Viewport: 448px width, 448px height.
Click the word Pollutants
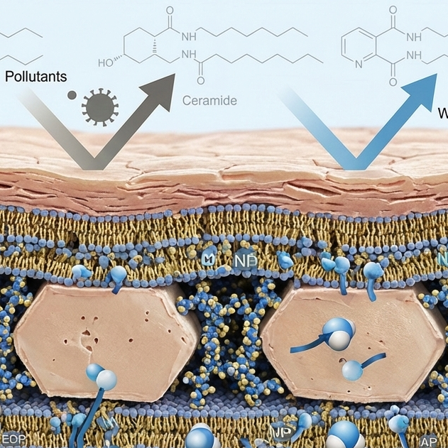[35, 74]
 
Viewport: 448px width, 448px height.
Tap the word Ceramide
[209, 101]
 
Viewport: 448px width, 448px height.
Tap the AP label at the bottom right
[430, 440]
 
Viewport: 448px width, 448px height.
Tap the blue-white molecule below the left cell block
[100, 376]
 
